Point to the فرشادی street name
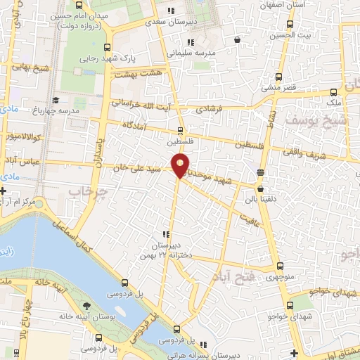209,110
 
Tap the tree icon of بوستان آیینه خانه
86,306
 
